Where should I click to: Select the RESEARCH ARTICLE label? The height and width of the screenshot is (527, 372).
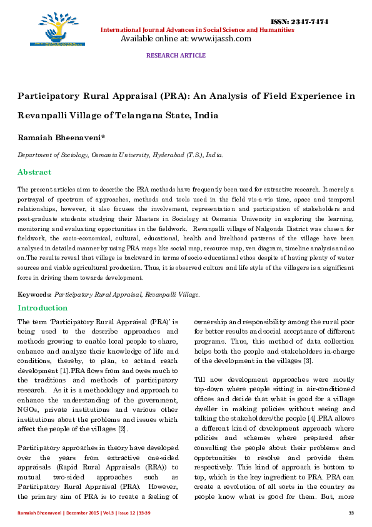[176, 56]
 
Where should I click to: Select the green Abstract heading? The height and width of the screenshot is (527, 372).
[34, 172]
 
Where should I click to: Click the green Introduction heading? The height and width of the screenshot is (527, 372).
[43, 308]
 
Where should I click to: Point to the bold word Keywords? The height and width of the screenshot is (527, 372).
[34, 294]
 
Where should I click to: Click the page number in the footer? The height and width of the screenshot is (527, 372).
[351, 513]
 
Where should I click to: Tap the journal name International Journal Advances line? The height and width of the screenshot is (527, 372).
[197, 29]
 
